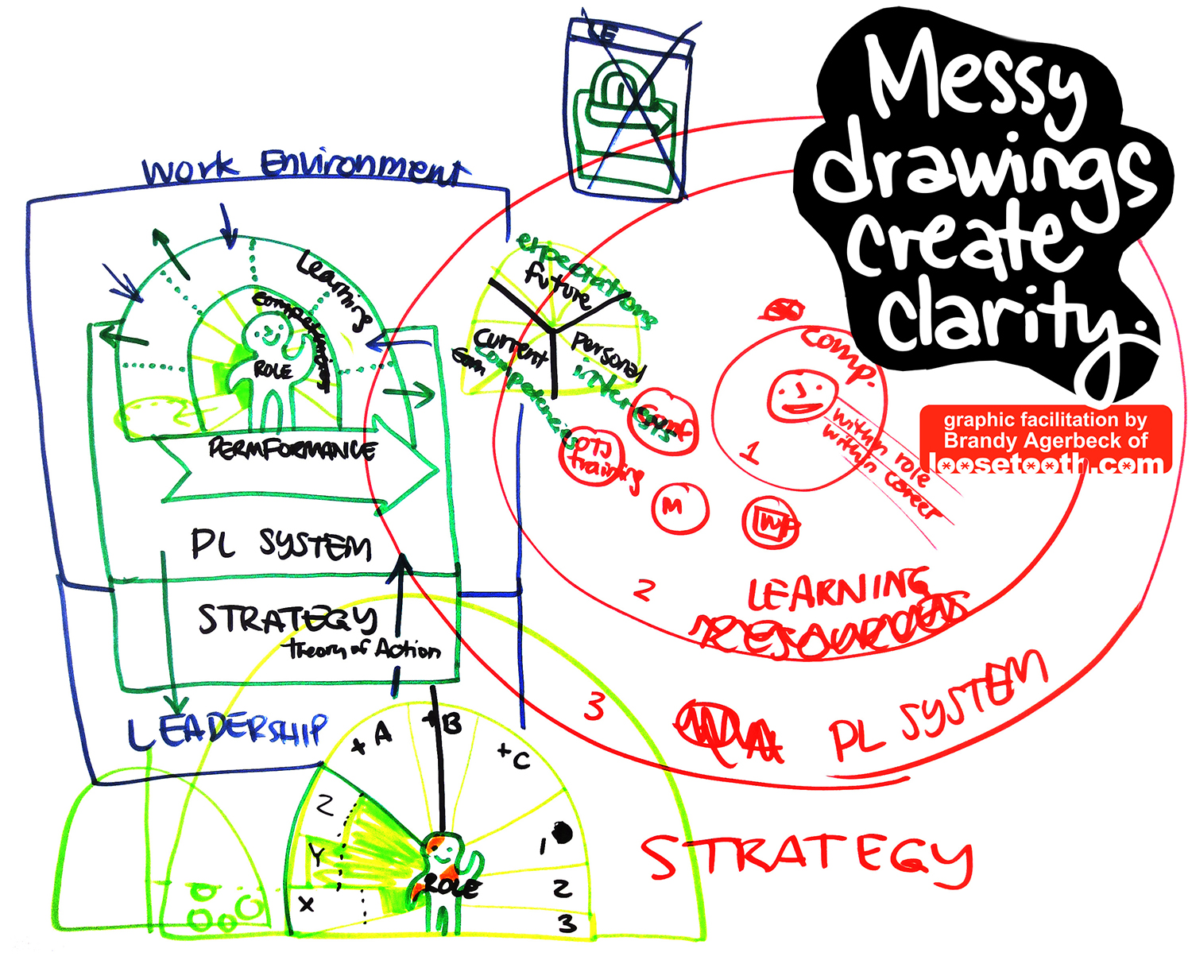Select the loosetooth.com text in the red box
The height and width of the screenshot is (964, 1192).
1045,463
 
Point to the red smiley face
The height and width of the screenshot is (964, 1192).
801,395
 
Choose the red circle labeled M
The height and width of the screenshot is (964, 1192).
679,507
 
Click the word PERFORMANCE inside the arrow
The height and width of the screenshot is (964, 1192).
292,450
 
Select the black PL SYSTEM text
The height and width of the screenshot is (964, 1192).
280,545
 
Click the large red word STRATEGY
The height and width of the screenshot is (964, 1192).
807,858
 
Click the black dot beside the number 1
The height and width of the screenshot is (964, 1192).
563,833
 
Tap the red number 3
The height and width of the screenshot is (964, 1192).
594,707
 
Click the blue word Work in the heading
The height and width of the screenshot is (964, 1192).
189,168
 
